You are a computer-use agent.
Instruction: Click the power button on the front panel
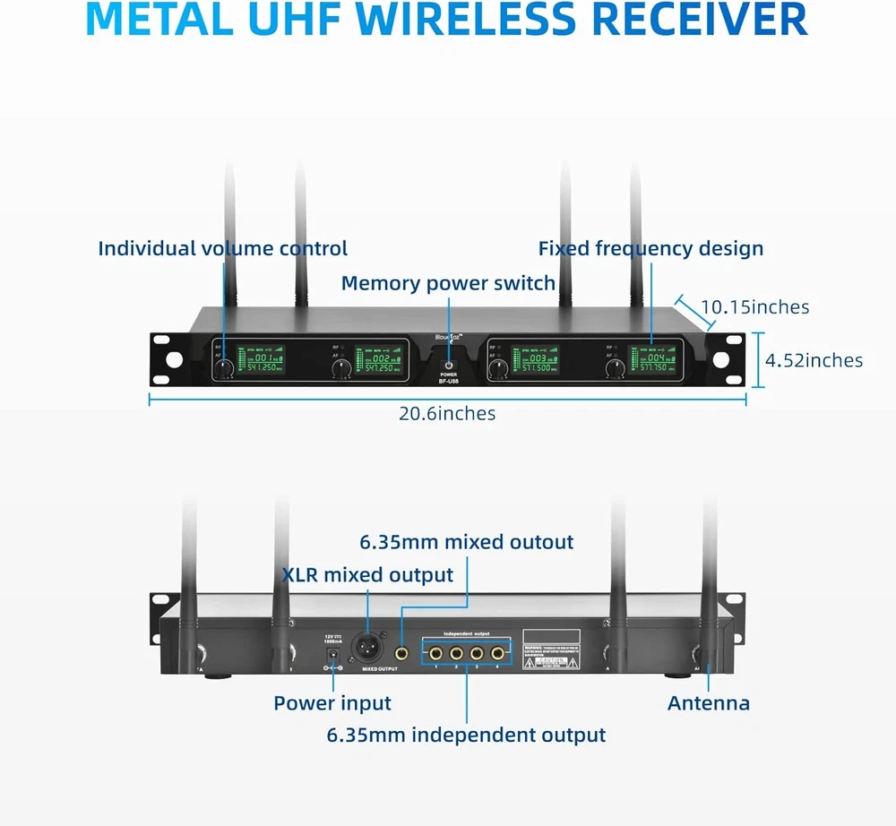[448, 364]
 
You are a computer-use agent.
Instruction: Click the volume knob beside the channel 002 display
[340, 369]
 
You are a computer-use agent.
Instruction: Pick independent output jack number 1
[435, 651]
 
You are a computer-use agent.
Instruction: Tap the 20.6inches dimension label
[447, 413]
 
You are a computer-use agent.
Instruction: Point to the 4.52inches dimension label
[814, 360]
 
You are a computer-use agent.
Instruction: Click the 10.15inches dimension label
[754, 307]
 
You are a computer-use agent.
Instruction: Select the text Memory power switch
[448, 283]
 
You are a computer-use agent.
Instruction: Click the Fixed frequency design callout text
[650, 248]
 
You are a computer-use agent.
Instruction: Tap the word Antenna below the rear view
[708, 703]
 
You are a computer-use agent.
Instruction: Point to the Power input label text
[332, 703]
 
